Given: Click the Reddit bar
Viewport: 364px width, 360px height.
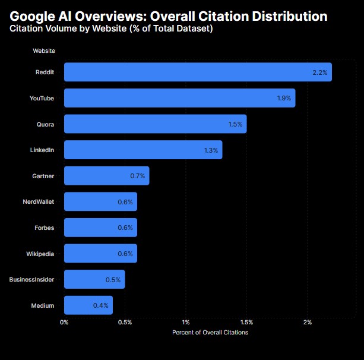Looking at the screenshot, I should pyautogui.click(x=198, y=72).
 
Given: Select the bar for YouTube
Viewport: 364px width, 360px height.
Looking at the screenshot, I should pyautogui.click(x=179, y=98).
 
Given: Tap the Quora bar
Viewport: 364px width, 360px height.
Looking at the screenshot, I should pyautogui.click(x=155, y=124).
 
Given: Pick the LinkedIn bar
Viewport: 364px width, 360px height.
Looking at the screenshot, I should pyautogui.click(x=143, y=150).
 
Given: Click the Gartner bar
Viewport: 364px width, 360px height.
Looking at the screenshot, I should pyautogui.click(x=106, y=176).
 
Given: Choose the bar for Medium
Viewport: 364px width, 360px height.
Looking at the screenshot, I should pyautogui.click(x=88, y=305).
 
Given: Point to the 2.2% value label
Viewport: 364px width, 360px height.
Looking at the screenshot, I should pyautogui.click(x=319, y=72).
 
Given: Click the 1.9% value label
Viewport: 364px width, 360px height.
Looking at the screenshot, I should pyautogui.click(x=284, y=98).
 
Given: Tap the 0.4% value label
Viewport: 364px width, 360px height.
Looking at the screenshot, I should pyautogui.click(x=100, y=305).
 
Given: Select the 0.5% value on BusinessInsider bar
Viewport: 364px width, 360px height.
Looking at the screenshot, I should pyautogui.click(x=113, y=279).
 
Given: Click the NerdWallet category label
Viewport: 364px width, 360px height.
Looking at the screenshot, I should pyautogui.click(x=38, y=202).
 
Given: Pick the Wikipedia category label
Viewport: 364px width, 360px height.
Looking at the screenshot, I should pyautogui.click(x=40, y=254).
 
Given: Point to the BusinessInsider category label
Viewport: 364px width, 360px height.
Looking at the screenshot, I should pyautogui.click(x=31, y=279).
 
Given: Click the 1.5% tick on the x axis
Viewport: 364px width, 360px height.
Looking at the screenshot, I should pyautogui.click(x=246, y=323).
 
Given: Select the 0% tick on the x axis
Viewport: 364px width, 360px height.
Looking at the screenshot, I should pyautogui.click(x=64, y=323).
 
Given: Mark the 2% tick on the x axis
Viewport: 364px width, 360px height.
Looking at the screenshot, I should pyautogui.click(x=308, y=323).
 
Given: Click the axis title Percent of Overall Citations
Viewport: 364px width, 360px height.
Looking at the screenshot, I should pyautogui.click(x=210, y=333).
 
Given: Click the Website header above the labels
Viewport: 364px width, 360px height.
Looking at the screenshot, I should pyautogui.click(x=45, y=51).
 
